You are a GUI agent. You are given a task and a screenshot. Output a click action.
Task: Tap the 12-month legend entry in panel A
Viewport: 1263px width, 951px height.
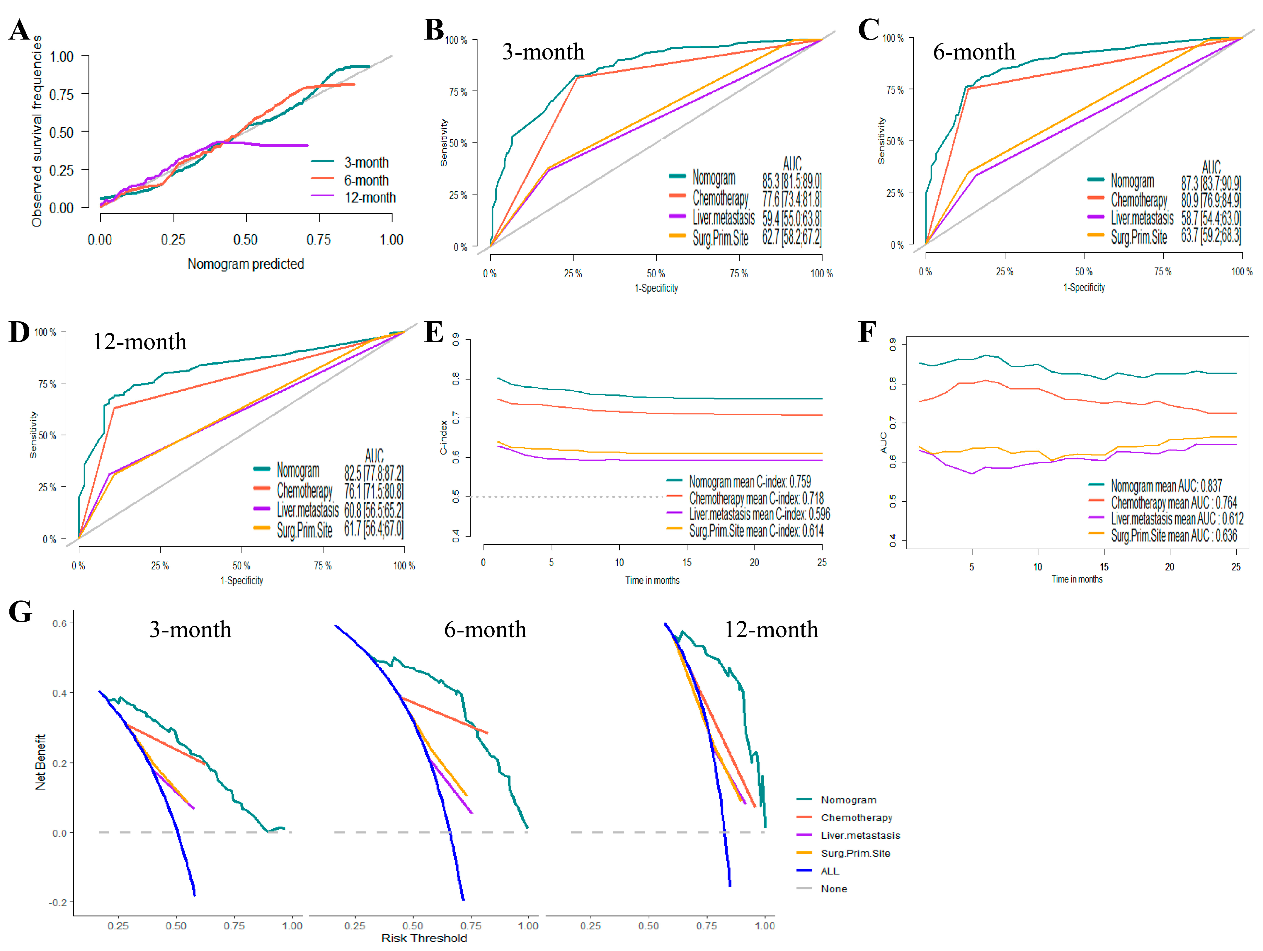click(370, 198)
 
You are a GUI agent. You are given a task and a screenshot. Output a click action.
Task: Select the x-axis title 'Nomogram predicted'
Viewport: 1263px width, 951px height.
click(246, 264)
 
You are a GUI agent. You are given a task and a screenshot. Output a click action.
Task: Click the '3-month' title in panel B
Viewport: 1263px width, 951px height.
click(543, 52)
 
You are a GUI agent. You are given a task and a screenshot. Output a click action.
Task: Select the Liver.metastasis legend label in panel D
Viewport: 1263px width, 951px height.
click(308, 509)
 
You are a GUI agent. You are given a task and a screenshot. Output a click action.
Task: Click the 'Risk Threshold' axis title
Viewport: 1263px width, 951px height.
click(424, 938)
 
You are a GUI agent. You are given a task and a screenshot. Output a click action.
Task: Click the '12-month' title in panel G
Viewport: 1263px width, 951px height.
click(771, 630)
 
